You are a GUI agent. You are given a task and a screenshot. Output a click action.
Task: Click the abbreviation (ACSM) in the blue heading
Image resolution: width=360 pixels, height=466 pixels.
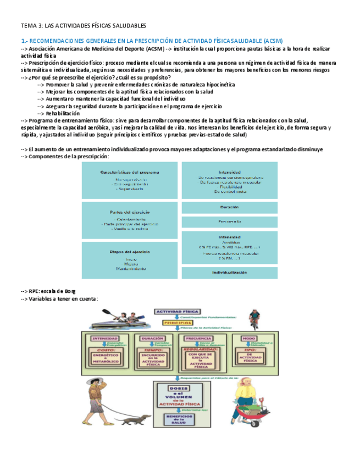(272, 41)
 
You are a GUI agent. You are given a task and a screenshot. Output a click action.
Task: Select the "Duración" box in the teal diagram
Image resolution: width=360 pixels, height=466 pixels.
(229, 207)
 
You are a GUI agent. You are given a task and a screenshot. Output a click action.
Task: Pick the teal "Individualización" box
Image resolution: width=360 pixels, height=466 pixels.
(229, 272)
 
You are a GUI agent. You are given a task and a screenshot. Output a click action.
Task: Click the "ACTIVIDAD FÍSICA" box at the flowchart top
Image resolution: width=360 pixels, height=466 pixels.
(178, 312)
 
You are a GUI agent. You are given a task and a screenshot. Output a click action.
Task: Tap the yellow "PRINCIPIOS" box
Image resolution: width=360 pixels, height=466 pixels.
(178, 323)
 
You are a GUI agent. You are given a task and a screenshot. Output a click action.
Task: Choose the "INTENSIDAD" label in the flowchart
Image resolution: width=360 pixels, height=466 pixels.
(105, 338)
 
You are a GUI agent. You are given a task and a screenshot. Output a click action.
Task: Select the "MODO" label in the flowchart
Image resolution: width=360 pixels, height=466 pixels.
(249, 338)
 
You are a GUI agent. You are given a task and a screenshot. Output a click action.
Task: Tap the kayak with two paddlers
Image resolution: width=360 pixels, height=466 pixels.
(115, 319)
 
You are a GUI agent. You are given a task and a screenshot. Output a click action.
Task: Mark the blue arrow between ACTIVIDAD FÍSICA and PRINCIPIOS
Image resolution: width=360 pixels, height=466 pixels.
(178, 317)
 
